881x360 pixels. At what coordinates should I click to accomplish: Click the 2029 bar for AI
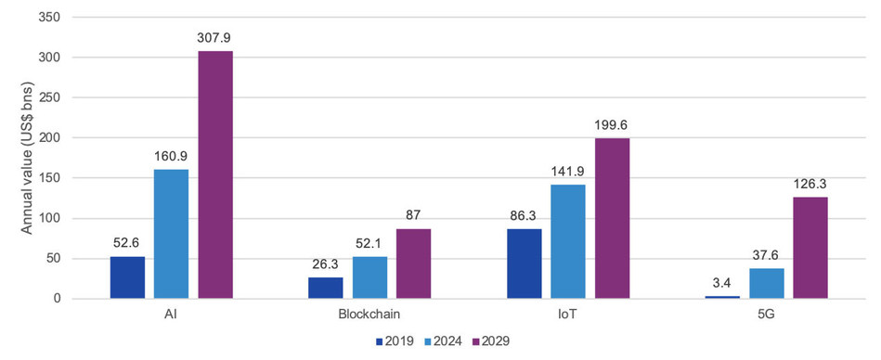215,174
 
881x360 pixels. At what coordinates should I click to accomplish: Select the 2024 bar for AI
172,234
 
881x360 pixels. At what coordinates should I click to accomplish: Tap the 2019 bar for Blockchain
325,288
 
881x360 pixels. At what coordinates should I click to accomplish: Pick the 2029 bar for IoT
612,218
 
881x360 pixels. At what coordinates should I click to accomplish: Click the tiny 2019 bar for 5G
722,297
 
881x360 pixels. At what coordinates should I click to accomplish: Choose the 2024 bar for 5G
767,283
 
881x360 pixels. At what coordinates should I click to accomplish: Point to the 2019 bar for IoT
525,264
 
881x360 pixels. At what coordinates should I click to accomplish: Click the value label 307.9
214,38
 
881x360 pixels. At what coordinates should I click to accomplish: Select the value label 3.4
722,282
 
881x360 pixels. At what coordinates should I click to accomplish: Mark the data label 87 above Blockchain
413,215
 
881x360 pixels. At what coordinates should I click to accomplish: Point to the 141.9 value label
567,172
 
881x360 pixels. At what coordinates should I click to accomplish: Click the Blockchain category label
369,315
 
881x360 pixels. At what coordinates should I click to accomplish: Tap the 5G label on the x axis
766,315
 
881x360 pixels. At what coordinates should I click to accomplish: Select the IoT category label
568,315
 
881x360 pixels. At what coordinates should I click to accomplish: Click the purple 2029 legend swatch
475,341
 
